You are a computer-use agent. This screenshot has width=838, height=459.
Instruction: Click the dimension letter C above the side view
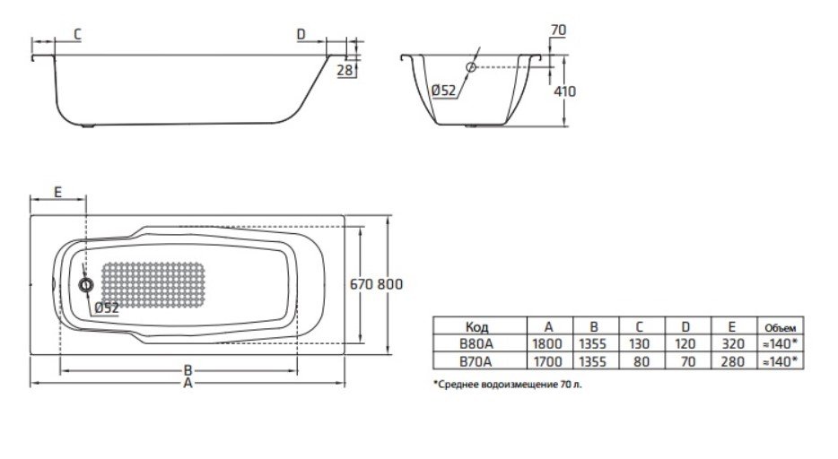77,35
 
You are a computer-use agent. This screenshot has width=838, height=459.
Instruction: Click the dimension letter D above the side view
301,35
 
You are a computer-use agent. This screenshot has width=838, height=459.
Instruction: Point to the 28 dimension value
345,70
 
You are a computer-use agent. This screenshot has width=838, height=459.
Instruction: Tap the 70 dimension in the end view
558,30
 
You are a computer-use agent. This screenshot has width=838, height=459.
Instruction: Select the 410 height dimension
565,91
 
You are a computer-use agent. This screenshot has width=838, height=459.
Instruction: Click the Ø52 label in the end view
443,91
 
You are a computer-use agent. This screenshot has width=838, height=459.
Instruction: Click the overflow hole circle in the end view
471,67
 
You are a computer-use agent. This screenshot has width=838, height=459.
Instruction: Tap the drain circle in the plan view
85,285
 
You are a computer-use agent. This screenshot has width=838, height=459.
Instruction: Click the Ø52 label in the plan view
107,308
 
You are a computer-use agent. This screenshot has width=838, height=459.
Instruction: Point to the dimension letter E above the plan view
57,192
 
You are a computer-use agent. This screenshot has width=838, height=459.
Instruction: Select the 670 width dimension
362,284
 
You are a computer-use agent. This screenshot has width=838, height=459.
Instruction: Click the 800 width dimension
390,284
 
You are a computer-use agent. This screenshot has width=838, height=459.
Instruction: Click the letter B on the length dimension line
188,370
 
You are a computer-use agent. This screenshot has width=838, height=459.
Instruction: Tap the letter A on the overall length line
188,383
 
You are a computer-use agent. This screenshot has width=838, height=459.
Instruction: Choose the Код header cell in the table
476,326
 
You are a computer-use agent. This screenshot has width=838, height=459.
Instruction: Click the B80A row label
476,343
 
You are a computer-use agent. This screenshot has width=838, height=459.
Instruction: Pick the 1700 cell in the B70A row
548,362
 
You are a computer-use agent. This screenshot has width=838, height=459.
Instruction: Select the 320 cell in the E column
733,343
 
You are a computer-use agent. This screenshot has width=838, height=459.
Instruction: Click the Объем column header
781,328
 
